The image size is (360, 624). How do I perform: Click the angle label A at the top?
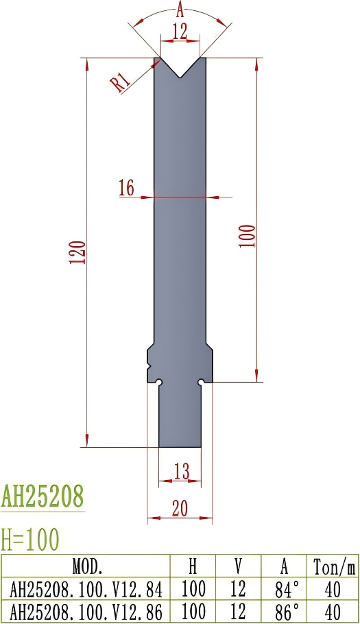[x=180, y=9]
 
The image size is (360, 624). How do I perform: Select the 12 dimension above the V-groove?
[x=180, y=31]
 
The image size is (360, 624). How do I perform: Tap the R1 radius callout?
[x=121, y=83]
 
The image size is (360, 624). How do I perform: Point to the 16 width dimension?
[x=126, y=188]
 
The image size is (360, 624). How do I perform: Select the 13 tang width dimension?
[x=181, y=471]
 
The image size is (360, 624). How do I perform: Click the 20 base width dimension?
[x=180, y=507]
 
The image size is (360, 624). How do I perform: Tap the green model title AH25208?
[x=43, y=495]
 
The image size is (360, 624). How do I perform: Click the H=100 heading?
[x=30, y=539]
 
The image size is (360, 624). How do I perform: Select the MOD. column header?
[x=87, y=566]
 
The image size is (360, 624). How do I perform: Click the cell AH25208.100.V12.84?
[x=87, y=588]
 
